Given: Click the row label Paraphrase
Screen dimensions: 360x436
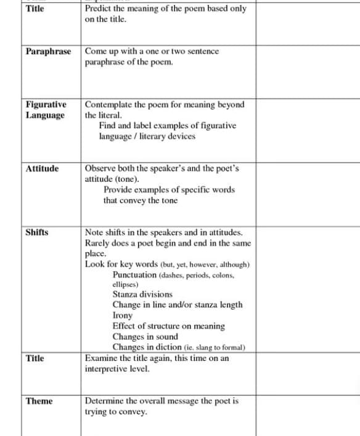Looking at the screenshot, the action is (x=49, y=51).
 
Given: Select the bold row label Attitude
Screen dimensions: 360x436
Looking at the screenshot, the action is (x=43, y=168).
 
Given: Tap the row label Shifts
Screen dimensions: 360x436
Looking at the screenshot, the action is (x=37, y=232).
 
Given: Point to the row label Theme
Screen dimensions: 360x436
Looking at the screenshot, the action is (x=39, y=401).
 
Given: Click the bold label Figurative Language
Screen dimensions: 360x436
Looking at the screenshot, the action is (x=46, y=110).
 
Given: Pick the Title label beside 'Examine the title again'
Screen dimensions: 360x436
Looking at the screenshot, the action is (x=35, y=358).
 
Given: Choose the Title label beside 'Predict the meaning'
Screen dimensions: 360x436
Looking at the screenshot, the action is (x=35, y=9).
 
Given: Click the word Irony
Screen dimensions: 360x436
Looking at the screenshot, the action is (x=123, y=315).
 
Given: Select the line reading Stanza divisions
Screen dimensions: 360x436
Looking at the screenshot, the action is (x=142, y=294).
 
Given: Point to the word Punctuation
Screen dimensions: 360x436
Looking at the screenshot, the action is (x=134, y=274).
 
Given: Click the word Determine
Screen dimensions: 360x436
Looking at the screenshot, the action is (x=105, y=401).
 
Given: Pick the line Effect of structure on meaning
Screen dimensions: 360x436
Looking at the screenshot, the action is (x=168, y=326).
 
